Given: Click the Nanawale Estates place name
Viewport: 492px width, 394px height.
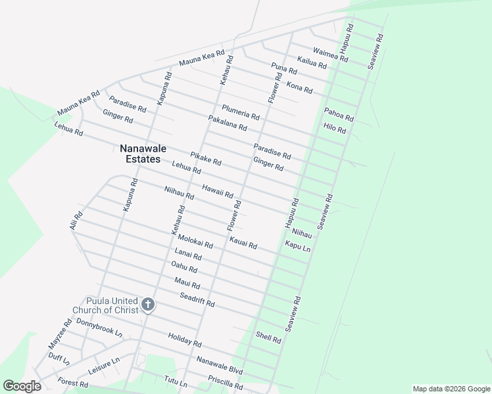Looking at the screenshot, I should (x=139, y=154).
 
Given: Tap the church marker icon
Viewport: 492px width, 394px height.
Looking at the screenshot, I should (x=147, y=304).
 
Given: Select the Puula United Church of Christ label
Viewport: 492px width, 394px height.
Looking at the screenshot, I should (x=112, y=305).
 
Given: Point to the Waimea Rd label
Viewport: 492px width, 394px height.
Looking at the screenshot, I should (x=330, y=54).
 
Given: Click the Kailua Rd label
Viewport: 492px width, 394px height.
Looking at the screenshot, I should (x=312, y=62).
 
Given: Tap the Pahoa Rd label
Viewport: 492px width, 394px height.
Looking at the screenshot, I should (x=339, y=114).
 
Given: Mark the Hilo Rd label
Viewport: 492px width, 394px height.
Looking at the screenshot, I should (x=334, y=128).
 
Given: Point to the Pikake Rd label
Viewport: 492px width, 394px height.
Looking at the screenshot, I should (x=206, y=158).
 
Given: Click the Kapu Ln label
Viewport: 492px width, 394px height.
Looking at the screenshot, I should (x=297, y=246).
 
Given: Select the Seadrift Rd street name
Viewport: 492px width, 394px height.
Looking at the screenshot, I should (x=197, y=299).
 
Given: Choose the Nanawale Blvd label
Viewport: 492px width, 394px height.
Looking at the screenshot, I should (x=220, y=366).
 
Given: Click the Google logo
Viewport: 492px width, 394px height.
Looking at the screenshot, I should (x=22, y=386).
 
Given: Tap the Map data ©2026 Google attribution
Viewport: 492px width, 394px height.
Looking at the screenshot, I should (x=451, y=389).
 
